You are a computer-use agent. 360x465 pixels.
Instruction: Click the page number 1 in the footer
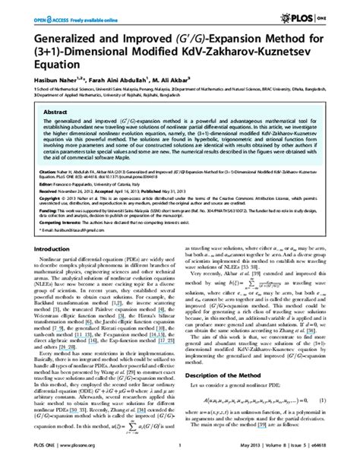180,457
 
